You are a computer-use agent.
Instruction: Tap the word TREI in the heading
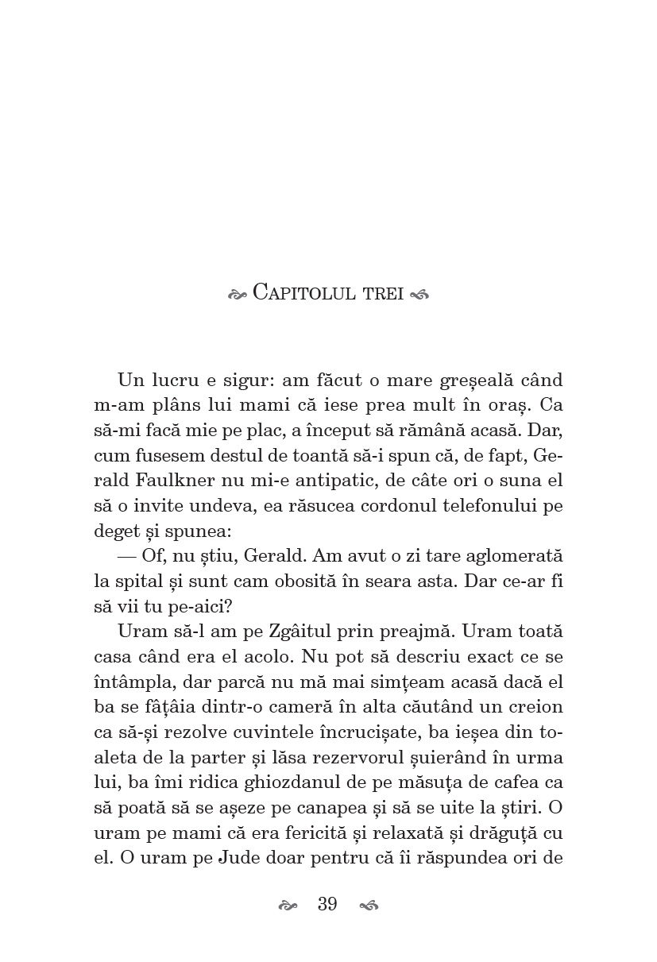384,293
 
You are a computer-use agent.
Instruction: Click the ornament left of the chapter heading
238,294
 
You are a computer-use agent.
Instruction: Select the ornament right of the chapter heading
420,294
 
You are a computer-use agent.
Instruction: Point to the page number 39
327,905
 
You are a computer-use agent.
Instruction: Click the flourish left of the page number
288,906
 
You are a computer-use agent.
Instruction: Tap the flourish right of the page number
369,906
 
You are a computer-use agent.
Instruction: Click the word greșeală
462,381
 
